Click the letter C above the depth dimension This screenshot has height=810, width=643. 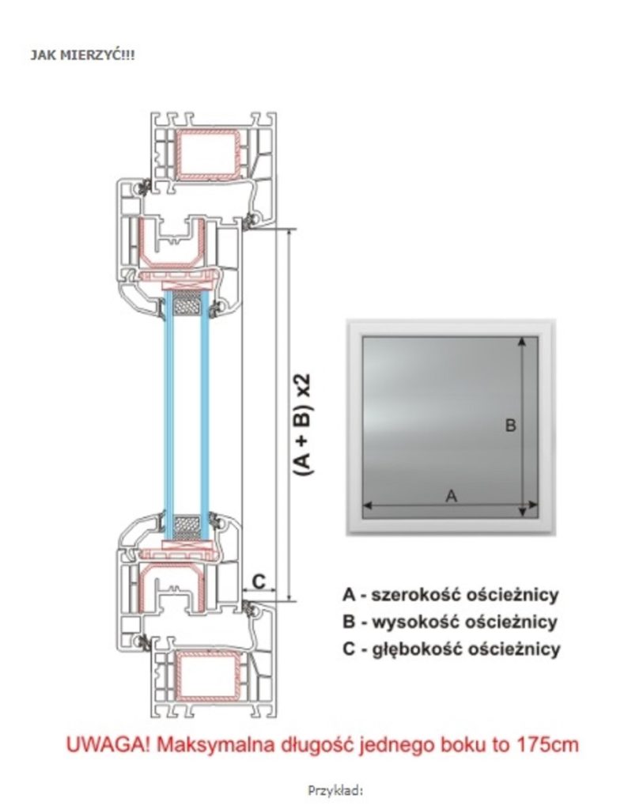click(258, 581)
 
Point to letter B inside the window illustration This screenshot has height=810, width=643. click(510, 426)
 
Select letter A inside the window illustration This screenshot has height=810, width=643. click(451, 496)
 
